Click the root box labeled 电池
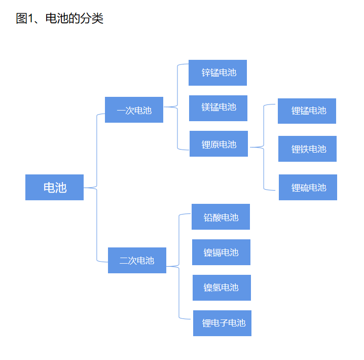54,187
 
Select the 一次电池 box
134,110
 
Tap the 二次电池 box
137,260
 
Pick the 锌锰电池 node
218,73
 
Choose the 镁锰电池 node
218,108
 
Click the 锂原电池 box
219,144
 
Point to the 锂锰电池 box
307,111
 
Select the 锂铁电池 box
307,149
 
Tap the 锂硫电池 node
308,187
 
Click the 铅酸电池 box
221,217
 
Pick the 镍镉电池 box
221,252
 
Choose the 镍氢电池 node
222,287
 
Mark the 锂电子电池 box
222,323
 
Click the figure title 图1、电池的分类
60,19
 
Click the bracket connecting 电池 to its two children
96,188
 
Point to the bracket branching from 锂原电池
264,147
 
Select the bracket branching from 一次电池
177,106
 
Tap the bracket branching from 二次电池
179,266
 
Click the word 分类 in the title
92,19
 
